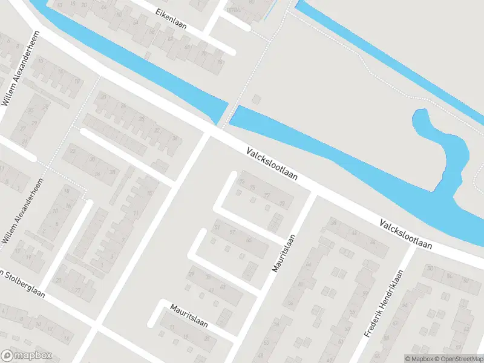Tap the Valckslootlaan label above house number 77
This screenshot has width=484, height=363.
point(273,165)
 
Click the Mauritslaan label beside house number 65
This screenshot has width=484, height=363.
point(284,253)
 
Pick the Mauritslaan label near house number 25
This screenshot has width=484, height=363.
point(189,315)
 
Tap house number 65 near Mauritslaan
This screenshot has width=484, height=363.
point(248,240)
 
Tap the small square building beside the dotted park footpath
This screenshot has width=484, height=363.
point(256,99)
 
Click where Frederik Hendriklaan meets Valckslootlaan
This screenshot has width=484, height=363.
point(413,249)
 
